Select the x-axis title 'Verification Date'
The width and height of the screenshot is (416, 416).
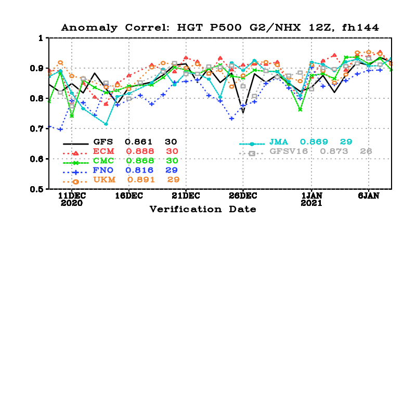pos(203,209)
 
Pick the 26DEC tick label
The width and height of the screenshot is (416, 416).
pos(243,196)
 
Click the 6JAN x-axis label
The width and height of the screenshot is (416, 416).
pos(369,196)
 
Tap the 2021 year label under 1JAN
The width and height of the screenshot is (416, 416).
pos(311,203)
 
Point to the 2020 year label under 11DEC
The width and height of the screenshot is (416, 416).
pos(71,203)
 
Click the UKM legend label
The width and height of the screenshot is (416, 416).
pos(103,180)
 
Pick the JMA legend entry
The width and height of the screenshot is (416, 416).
pos(279,142)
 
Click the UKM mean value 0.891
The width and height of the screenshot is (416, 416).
pos(137,180)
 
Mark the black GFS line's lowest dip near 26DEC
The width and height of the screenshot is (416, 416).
pos(243,112)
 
